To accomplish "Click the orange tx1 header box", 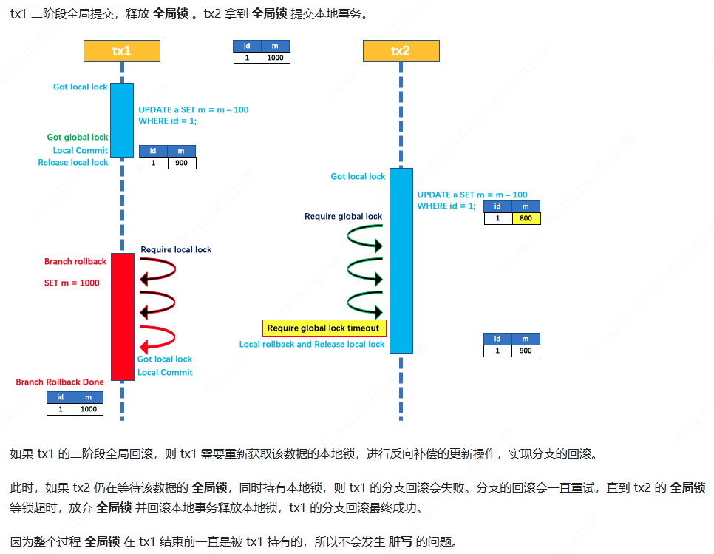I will click(121, 51).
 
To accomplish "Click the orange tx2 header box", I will click(401, 51).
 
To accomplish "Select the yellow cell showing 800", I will click(526, 218).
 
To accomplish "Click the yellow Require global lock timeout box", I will click(323, 328).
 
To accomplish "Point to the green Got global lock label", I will click(78, 137).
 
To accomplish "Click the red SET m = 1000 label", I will click(72, 283).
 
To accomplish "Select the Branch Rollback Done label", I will click(60, 382).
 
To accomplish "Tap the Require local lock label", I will click(176, 250).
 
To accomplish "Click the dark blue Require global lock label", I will click(343, 217).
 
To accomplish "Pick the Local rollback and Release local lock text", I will click(312, 344).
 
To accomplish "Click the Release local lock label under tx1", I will click(73, 162).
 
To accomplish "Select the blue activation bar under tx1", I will click(122, 119).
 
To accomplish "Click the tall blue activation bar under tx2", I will click(401, 260).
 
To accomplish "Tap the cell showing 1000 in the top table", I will click(275, 58).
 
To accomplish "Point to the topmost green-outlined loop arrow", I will click(366, 238).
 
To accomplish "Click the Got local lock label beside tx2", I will click(358, 176).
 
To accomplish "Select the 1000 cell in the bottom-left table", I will click(88, 409).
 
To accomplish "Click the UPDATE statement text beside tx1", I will click(193, 115).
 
